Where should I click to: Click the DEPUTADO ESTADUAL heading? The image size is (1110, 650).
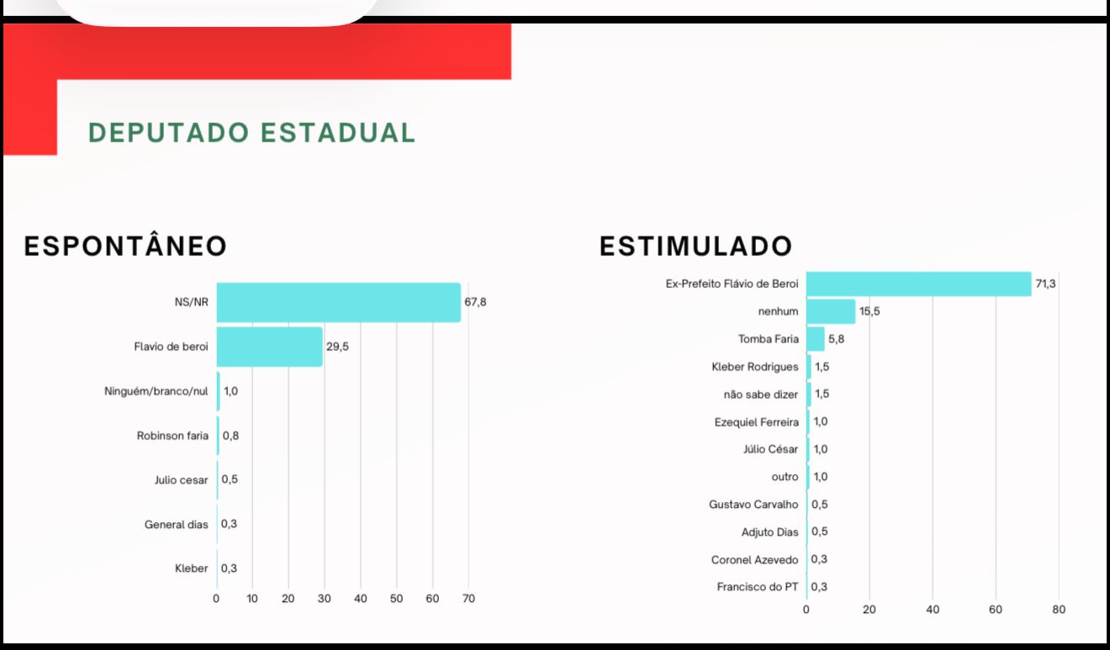coord(251,133)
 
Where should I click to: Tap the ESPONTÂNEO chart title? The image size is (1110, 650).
coord(125,246)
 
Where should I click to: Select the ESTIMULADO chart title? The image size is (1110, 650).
coord(695,246)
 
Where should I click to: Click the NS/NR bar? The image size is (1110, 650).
coord(338,303)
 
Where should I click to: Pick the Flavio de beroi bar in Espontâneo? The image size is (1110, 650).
coord(269,346)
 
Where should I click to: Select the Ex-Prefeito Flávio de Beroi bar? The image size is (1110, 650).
coord(918,284)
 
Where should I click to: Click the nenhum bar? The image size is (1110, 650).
coord(831,311)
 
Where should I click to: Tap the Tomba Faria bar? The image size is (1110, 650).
coord(815,339)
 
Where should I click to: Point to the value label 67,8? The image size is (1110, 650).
coord(475,303)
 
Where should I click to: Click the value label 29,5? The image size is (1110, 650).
coord(337,346)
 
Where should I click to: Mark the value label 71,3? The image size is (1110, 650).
coord(1045,284)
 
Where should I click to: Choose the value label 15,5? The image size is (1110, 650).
coord(869,311)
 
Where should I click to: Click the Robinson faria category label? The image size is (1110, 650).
coord(172,436)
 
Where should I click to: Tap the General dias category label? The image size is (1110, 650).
coord(176,525)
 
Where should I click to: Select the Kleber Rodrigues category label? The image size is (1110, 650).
coord(755,367)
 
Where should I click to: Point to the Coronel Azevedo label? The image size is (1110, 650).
coord(755,559)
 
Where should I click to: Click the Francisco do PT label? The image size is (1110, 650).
coord(758,587)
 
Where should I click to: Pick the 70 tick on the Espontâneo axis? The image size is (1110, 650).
coord(468,599)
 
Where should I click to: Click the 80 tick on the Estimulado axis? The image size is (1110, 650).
coord(1059,610)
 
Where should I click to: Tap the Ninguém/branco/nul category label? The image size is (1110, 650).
coord(156,391)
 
